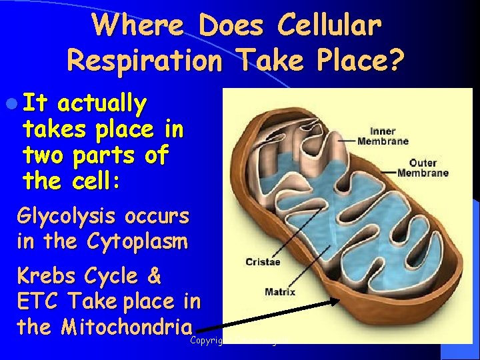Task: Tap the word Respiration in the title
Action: [145, 61]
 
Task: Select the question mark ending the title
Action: [396, 61]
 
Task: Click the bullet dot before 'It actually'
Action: [13, 105]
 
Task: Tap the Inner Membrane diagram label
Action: [382, 135]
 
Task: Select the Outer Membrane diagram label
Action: [423, 167]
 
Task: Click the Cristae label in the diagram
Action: [263, 261]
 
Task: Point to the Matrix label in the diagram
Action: [280, 291]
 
